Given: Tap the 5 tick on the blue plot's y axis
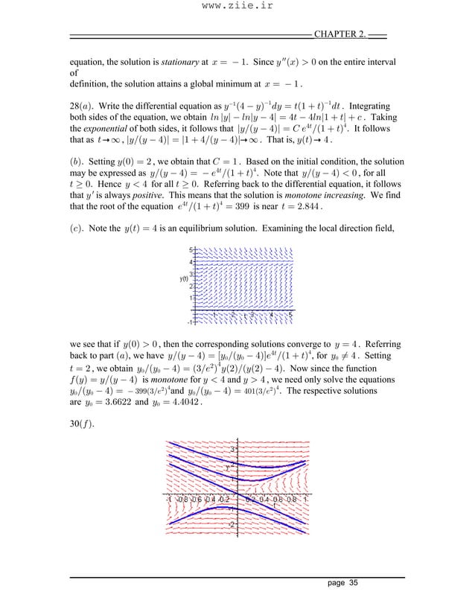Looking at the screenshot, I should pyautogui.click(x=191, y=250).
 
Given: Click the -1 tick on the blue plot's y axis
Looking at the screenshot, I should pyautogui.click(x=190, y=322).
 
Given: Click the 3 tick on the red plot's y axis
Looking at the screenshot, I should pyautogui.click(x=232, y=450).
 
